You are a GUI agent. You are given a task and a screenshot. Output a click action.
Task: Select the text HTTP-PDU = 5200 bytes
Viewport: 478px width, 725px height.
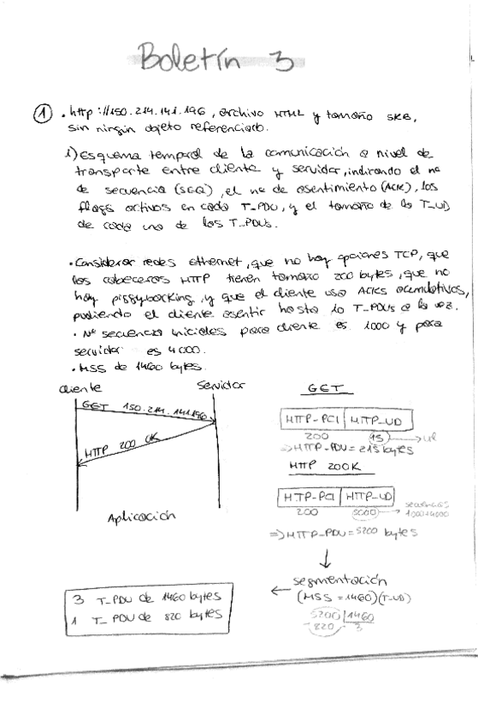tap(351, 533)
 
